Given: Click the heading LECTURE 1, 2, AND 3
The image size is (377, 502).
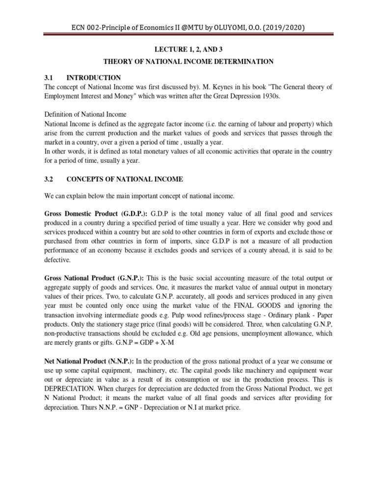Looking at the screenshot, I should tap(188, 49).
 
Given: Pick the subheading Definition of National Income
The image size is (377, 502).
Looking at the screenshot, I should tap(88, 115).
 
